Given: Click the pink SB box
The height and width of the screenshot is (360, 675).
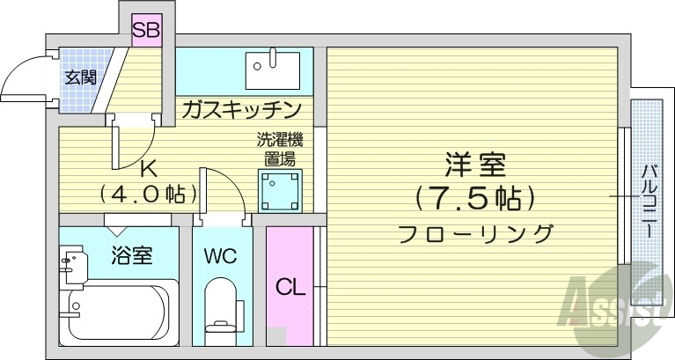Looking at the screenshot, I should click(146, 31).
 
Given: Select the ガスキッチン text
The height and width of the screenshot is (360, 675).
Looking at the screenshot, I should click(242, 110).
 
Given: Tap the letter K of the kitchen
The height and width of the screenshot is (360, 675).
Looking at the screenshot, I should click(149, 168).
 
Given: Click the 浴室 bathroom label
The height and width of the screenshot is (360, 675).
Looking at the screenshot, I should click(132, 256).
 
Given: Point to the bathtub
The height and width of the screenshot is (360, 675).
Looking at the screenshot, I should click(119, 312).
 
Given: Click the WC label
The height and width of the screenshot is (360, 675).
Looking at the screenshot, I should click(220, 257).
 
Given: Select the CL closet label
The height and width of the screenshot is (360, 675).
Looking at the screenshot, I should click(290, 287).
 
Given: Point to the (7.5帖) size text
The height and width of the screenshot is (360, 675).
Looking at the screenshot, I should click(476, 199).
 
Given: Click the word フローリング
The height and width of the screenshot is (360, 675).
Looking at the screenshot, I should click(476, 234).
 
